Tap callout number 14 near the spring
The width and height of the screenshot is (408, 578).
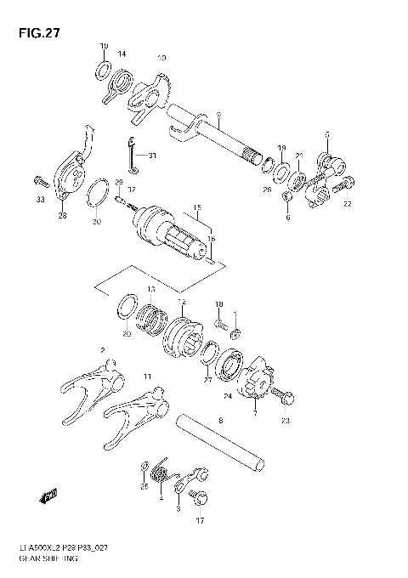[x=122, y=54]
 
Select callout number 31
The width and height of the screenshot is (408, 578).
[x=152, y=155]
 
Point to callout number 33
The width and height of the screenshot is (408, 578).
[x=39, y=201]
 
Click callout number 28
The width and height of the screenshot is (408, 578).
[x=62, y=217]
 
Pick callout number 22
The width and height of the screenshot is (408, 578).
[x=347, y=203]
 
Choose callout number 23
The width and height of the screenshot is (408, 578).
[x=286, y=420]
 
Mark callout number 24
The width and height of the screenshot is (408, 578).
[x=227, y=396]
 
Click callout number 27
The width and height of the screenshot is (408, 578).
[x=208, y=381]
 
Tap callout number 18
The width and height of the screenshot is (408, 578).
[x=218, y=304]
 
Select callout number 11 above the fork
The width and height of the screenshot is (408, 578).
[x=147, y=376]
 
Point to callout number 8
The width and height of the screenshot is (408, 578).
[x=221, y=420]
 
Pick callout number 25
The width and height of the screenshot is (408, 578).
[x=144, y=487]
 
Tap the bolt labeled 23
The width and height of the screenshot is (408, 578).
[x=283, y=395]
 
